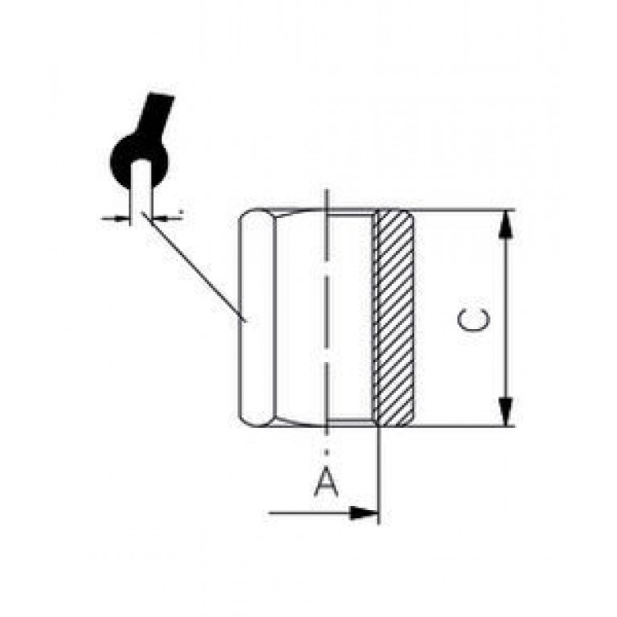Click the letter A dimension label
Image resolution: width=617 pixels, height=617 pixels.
coord(327,481)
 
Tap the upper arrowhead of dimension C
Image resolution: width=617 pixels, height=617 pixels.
coord(506,224)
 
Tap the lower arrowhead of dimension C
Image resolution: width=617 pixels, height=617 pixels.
coord(506,412)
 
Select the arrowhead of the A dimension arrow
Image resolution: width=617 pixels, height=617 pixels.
coord(364,513)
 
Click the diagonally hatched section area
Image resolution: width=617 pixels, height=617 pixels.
coord(394,318)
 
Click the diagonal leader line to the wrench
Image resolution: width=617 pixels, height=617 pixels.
coord(195,267)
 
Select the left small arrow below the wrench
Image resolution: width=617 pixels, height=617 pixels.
coord(116,217)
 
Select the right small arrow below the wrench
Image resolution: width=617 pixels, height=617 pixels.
coord(165,217)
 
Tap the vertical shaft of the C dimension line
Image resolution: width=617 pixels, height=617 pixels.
coord(506,318)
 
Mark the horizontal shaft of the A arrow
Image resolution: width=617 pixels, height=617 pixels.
coord(310,513)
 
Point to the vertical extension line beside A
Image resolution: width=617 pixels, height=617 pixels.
coord(379,475)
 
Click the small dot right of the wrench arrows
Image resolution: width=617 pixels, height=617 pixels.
coord(182,212)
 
